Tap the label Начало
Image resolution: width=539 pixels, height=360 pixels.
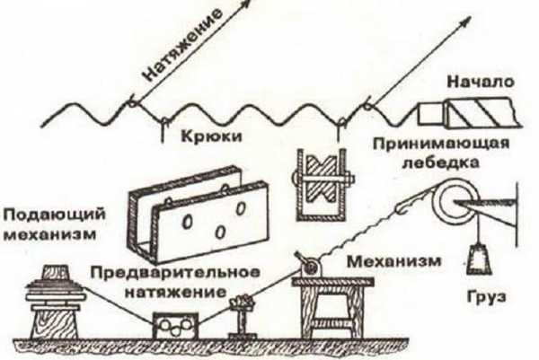click(x=481, y=82)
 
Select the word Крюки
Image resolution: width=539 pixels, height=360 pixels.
click(x=211, y=136)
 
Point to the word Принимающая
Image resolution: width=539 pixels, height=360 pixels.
click(x=441, y=144)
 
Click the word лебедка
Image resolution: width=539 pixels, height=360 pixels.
click(x=441, y=162)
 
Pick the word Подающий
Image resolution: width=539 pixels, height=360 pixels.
click(x=54, y=215)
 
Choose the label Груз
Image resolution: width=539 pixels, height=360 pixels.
click(x=486, y=296)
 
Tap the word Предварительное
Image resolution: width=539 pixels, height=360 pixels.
click(x=175, y=273)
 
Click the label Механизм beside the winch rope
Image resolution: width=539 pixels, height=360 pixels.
click(x=394, y=261)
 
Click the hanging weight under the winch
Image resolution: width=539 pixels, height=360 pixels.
click(x=479, y=259)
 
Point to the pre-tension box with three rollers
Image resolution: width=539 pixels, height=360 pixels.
click(x=176, y=325)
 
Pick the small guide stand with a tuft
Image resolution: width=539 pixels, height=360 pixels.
click(x=243, y=315)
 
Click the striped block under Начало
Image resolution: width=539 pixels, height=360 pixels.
click(x=482, y=113)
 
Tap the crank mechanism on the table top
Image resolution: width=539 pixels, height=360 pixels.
click(x=309, y=265)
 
